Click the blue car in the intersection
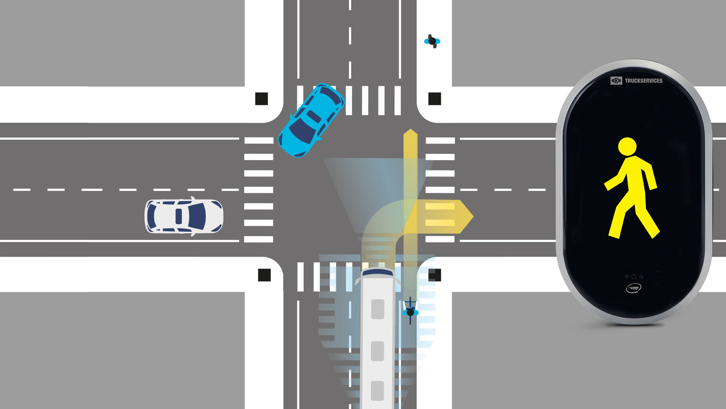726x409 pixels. click(x=311, y=120)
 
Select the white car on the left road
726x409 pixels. click(x=184, y=216)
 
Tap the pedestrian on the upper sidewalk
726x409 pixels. click(x=432, y=41)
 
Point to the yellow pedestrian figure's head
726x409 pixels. click(x=627, y=146)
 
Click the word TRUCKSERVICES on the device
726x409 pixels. click(x=644, y=81)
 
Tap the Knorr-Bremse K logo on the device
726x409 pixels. click(x=616, y=81)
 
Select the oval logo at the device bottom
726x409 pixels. click(x=634, y=289)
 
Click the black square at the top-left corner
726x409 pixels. click(x=262, y=99)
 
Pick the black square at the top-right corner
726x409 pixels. click(x=435, y=99)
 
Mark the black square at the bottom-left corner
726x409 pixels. click(x=264, y=275)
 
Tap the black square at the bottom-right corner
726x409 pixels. click(x=435, y=275)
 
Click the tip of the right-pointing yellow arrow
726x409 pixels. click(x=473, y=216)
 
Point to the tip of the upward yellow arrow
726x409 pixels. click(x=410, y=129)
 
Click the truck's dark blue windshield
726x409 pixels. click(x=377, y=272)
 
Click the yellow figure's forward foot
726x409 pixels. click(x=614, y=234)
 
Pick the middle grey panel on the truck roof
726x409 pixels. click(x=377, y=351)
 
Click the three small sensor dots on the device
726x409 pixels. click(x=634, y=277)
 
